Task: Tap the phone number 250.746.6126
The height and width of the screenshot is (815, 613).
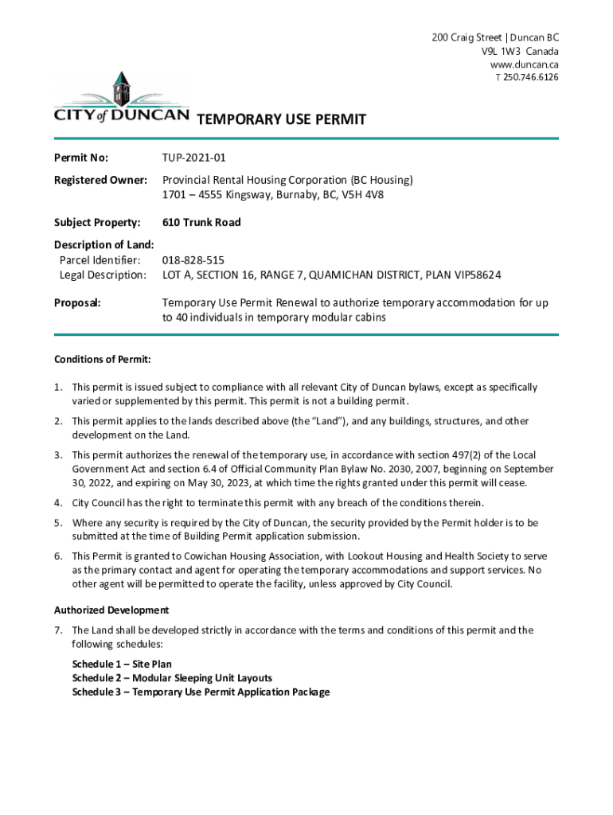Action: [529, 77]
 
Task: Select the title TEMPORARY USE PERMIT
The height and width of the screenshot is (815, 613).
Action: [281, 120]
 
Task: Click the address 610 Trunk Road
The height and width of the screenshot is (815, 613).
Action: [201, 223]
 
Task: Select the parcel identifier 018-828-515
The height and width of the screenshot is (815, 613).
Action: [193, 260]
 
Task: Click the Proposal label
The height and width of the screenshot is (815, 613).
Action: [78, 303]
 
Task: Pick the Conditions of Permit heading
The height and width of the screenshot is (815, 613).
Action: [102, 359]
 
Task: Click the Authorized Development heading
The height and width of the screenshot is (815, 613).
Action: [111, 610]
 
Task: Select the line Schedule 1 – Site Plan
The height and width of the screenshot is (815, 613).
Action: [122, 664]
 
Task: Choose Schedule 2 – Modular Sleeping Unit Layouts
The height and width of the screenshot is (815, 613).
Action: [172, 678]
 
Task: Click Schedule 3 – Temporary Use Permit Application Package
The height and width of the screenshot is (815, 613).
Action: [201, 692]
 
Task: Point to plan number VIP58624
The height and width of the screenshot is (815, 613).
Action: [474, 275]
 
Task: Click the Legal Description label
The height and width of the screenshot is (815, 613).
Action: [103, 275]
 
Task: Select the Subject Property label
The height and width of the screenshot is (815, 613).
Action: [97, 223]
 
